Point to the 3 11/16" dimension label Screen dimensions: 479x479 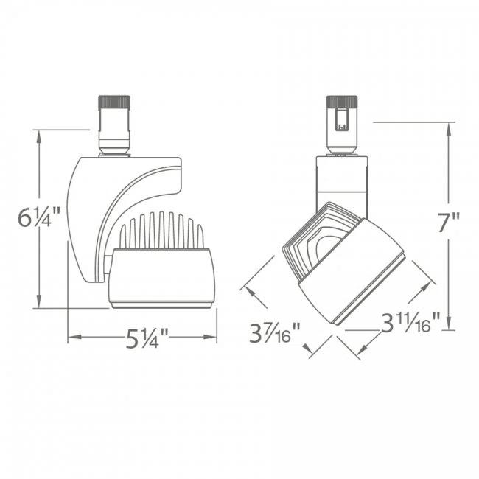point(410,322)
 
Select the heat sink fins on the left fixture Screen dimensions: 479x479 point(161,231)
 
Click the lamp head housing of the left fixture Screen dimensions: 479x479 point(161,276)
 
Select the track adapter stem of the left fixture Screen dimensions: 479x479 point(114,136)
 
